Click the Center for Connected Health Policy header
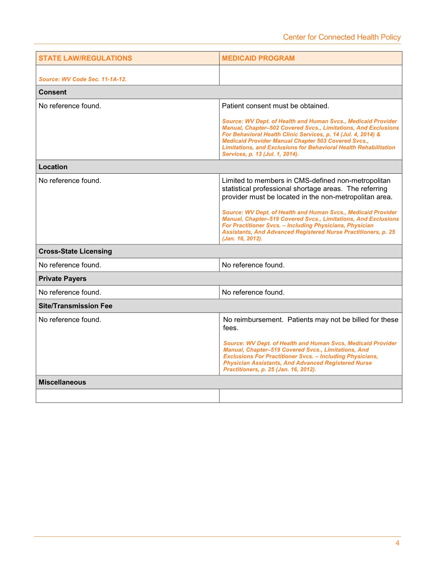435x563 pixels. (x=342, y=37)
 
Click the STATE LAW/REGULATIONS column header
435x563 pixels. (x=85, y=58)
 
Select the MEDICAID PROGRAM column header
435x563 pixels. (x=258, y=58)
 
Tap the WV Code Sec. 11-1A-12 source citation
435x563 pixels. (x=83, y=79)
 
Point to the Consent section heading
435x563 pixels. (x=53, y=92)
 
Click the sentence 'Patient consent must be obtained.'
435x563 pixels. (x=275, y=106)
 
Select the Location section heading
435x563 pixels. (x=53, y=167)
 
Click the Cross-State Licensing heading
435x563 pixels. (x=75, y=251)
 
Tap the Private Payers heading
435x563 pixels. (x=62, y=278)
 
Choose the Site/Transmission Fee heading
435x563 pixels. (x=75, y=306)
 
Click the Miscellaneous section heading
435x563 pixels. (x=62, y=382)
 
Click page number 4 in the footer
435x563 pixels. (x=397, y=543)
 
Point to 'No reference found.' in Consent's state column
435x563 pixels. (x=70, y=106)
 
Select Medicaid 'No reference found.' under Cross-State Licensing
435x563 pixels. (x=253, y=265)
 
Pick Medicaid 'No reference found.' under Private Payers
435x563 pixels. (x=253, y=292)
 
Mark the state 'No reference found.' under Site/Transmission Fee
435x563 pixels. (x=70, y=320)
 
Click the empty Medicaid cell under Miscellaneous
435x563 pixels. (x=310, y=396)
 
